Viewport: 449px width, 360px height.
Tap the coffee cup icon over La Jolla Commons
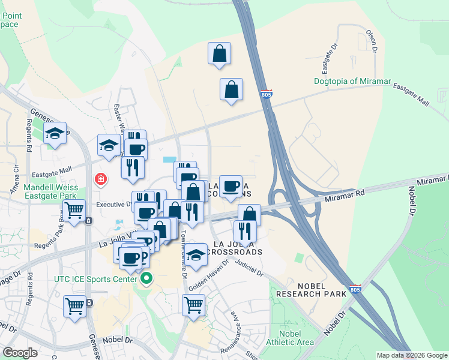point(231,186)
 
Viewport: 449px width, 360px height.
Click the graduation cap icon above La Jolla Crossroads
point(195,255)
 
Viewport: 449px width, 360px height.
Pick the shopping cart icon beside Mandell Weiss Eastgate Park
point(74,211)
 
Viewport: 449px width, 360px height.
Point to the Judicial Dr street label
point(249,268)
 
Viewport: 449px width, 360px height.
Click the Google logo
point(20,353)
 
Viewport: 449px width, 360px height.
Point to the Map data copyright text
point(411,355)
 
